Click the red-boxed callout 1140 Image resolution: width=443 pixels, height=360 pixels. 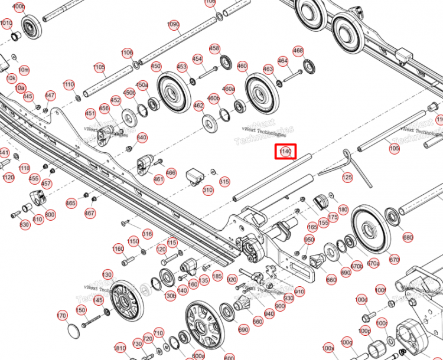(x=286, y=152)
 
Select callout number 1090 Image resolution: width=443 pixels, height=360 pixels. (x=173, y=25)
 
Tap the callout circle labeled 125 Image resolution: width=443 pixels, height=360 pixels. (x=347, y=177)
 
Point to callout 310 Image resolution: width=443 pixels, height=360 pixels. (x=207, y=190)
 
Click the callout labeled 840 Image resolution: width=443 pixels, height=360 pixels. (x=142, y=138)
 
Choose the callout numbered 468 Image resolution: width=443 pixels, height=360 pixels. (x=298, y=51)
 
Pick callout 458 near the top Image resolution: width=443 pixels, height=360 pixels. (x=215, y=48)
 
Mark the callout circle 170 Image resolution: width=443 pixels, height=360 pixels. (x=61, y=316)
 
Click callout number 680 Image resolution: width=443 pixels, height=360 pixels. (x=408, y=238)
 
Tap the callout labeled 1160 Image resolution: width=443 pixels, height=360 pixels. (x=118, y=249)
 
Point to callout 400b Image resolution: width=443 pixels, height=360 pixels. (x=19, y=7)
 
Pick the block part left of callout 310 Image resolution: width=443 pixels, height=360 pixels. (x=195, y=176)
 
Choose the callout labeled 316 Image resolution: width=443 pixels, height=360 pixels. (x=146, y=234)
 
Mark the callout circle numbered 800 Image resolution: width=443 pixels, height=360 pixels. (x=50, y=215)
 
